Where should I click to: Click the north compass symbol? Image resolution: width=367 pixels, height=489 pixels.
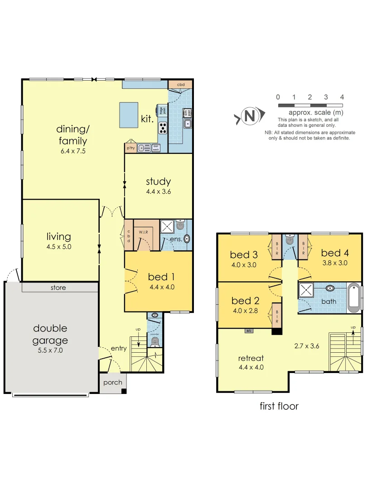pos(249,116)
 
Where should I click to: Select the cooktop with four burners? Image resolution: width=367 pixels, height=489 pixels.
pos(162,128)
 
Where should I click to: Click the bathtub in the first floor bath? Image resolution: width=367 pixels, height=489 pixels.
pos(353,298)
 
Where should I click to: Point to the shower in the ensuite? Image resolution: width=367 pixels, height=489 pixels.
pos(167,225)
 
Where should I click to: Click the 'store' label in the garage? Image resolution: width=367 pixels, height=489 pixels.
pos(58,288)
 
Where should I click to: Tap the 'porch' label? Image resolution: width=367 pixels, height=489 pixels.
pos(112,382)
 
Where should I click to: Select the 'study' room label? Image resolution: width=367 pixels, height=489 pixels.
pos(158,182)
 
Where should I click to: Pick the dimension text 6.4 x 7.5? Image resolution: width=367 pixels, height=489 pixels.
pos(73,151)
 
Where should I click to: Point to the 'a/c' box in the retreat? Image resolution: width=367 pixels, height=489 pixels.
pos(249,331)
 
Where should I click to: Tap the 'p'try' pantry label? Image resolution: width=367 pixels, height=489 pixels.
pos(130,148)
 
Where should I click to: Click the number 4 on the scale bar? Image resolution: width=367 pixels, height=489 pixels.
pos(342,97)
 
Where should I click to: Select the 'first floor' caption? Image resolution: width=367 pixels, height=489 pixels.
pos(279,406)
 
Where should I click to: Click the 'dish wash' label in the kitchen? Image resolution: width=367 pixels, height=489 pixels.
pos(155,148)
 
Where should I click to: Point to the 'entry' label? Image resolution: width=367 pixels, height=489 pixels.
pos(119,348)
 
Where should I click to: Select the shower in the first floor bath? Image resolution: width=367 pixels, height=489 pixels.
pos(306,291)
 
